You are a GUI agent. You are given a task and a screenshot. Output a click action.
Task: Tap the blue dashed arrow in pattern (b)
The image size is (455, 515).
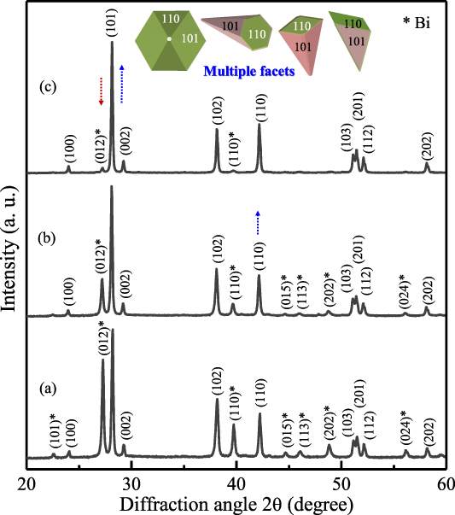pos(259,224)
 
